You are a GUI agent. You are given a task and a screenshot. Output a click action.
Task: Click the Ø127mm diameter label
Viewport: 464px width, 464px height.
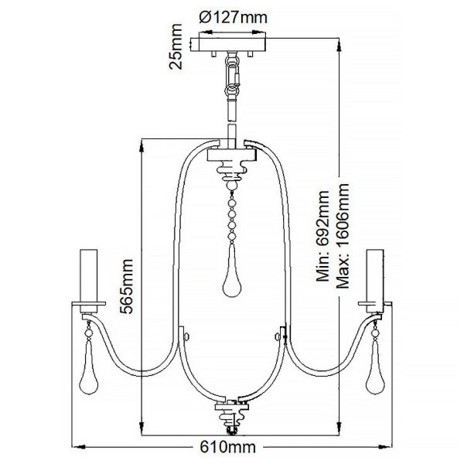(x=234, y=18)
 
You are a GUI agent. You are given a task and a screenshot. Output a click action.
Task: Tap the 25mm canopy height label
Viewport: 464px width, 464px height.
(x=176, y=46)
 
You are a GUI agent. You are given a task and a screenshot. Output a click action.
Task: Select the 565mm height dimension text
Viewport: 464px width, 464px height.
(x=127, y=286)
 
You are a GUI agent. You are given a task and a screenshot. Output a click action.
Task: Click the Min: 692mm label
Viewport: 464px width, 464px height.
(x=322, y=236)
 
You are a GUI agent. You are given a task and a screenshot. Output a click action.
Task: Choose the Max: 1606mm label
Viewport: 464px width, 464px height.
(x=343, y=236)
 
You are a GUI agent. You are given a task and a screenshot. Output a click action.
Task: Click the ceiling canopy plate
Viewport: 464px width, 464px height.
(x=228, y=45)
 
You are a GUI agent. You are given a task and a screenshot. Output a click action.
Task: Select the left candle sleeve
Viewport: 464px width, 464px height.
(x=89, y=281)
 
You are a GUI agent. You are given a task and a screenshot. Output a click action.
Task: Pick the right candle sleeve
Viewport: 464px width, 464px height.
(x=375, y=281)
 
